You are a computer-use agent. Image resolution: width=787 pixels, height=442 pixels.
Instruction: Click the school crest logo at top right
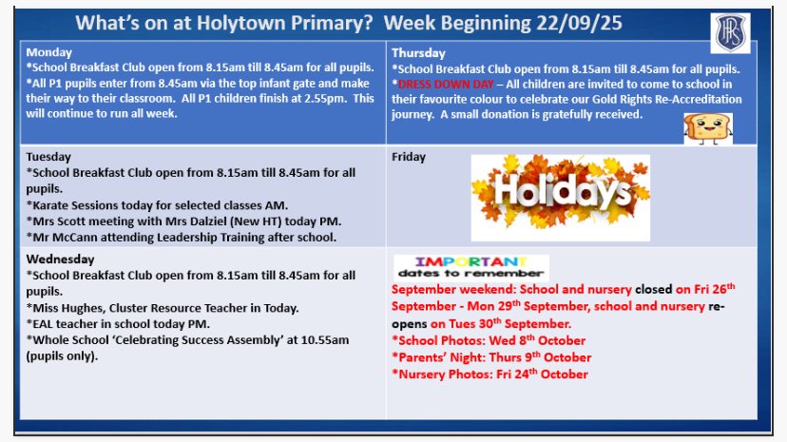[727, 34]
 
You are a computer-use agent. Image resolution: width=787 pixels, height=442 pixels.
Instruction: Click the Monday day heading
[48, 53]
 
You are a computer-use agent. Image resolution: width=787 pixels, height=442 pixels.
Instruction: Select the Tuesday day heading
[49, 157]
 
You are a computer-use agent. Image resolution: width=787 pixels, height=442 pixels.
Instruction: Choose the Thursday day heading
[419, 53]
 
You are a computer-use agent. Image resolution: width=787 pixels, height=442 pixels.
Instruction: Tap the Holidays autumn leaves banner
[561, 198]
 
